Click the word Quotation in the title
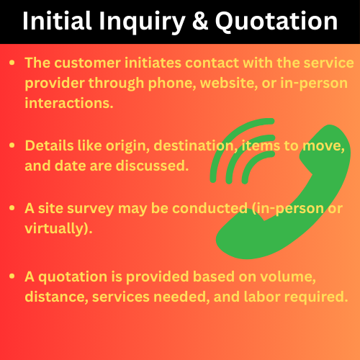point(276,21)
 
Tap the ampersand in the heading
point(200,21)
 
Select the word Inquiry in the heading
point(142,23)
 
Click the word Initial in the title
point(57,21)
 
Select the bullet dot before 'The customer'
point(12,63)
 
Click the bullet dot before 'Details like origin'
point(12,145)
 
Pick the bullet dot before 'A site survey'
point(12,208)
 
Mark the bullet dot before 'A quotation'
point(12,276)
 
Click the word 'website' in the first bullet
point(229,83)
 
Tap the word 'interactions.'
point(69,103)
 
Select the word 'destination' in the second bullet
point(194,146)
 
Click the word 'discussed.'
point(152,166)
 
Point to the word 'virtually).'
point(58,228)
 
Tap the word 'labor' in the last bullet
point(262,297)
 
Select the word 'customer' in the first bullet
point(87,63)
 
